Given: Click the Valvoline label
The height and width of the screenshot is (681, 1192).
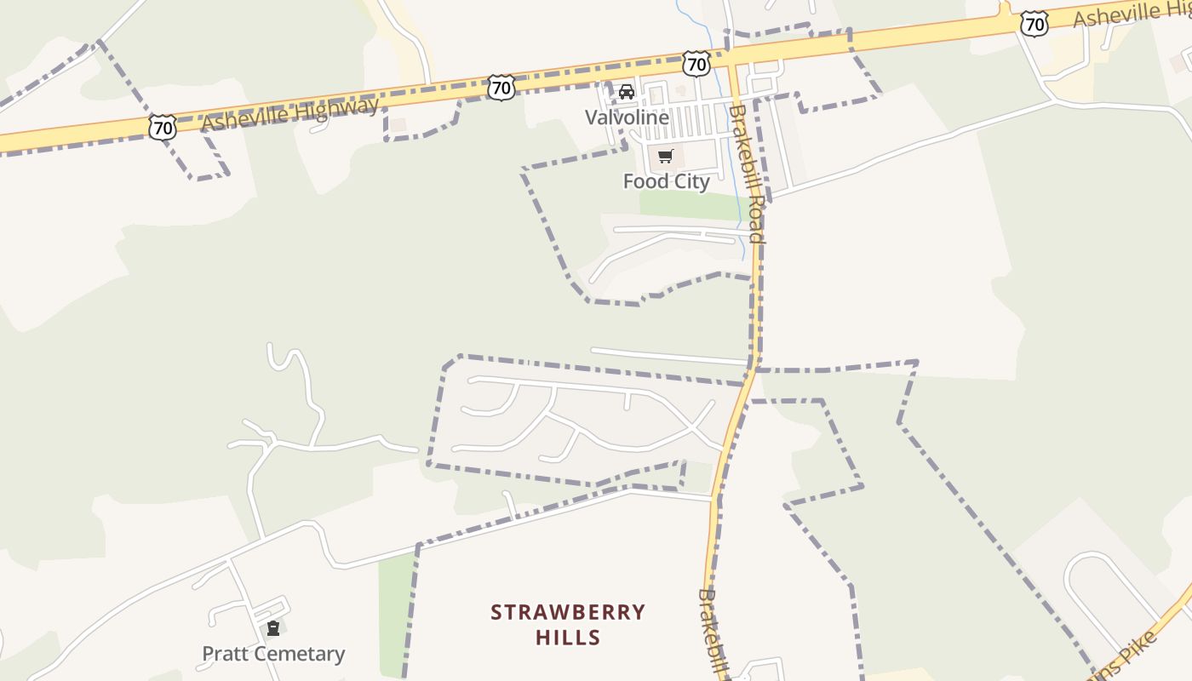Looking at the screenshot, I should click(627, 117).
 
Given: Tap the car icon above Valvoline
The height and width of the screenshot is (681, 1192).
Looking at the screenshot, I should click(627, 92).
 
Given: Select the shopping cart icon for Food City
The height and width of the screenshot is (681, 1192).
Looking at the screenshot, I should click(665, 156).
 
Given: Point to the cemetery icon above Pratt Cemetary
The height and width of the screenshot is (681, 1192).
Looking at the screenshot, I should click(273, 629).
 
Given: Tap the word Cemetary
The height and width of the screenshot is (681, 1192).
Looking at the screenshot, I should click(297, 654).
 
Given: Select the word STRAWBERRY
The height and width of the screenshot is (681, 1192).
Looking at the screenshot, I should click(568, 612).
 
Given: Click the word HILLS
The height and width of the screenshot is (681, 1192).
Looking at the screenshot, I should click(568, 637).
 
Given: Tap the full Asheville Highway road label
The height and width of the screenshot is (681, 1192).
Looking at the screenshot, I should click(289, 113).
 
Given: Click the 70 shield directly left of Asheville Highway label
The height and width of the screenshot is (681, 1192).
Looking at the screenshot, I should click(162, 128).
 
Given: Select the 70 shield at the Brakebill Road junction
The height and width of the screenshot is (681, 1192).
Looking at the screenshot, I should click(696, 63).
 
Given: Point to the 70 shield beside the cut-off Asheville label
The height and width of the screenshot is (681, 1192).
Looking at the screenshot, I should click(1034, 25).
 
